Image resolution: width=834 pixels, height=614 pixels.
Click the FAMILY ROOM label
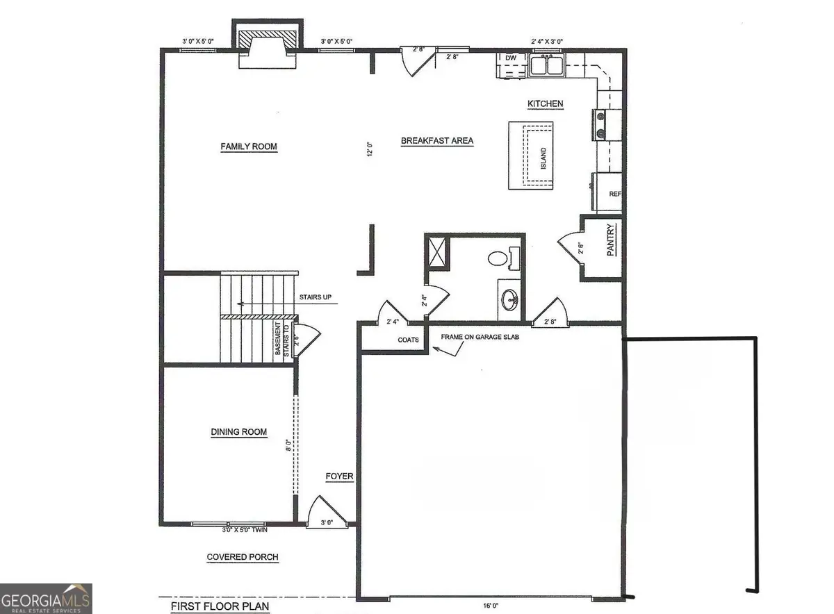coord(249,147)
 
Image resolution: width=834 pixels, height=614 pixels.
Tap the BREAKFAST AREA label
coord(437,141)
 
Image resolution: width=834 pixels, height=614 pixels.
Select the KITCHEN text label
coord(546,103)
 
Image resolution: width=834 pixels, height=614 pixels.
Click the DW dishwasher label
coord(511,58)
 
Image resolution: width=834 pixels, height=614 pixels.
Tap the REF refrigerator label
coord(614,194)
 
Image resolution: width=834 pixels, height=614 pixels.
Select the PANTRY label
coord(610,240)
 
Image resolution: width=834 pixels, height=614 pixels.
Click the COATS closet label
coord(408,340)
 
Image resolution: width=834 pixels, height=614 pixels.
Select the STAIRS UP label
coord(315,297)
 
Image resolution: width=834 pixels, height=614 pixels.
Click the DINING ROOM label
coord(239,432)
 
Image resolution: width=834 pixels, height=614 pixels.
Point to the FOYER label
coord(340,477)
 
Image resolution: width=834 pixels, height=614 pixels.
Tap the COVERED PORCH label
coord(243,557)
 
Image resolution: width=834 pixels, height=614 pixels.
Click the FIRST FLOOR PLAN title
coord(220,606)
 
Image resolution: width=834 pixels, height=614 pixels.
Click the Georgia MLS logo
coord(46,599)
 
